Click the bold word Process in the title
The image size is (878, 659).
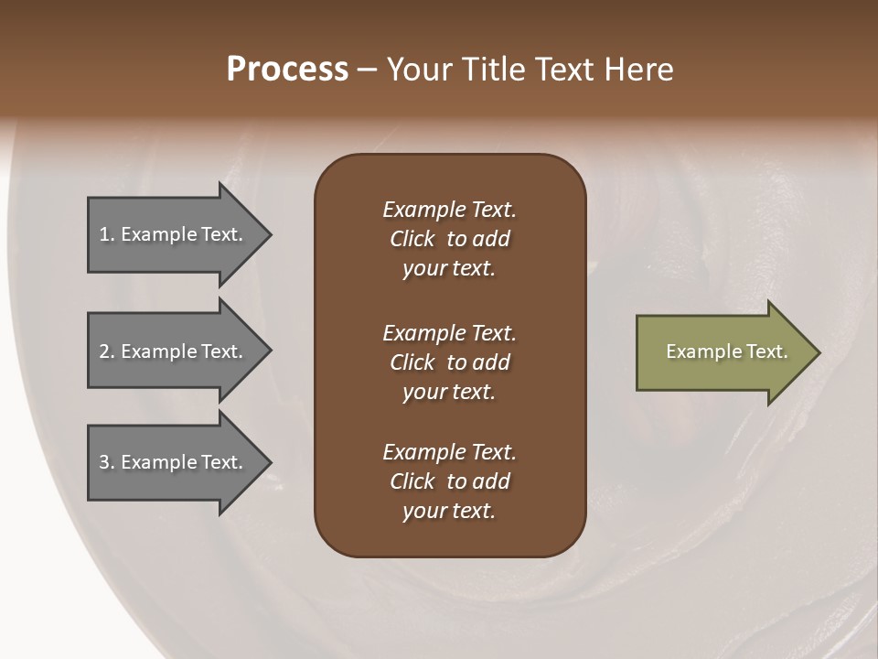coord(287,70)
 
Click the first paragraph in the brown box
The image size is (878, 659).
coord(449,239)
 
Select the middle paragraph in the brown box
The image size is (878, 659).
coord(449,362)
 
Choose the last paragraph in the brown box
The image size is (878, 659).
coord(449,481)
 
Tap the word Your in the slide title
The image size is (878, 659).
coord(418,70)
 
